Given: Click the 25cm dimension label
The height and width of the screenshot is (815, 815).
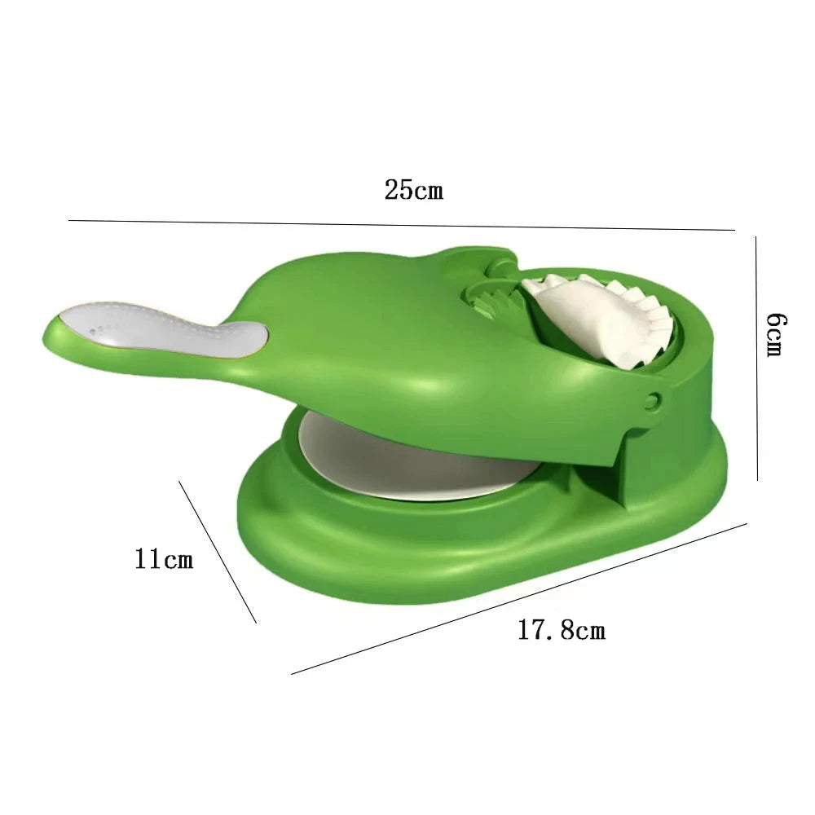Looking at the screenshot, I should (x=414, y=191).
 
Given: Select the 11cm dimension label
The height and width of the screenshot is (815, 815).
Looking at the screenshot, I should (x=165, y=560).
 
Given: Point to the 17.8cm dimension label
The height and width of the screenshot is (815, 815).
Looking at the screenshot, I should (x=562, y=630).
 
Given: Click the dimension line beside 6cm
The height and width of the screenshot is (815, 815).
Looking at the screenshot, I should (x=757, y=359).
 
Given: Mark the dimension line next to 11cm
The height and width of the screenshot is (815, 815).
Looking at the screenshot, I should (x=218, y=552).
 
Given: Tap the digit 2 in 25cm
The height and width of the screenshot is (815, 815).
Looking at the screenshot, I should (x=391, y=191).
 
